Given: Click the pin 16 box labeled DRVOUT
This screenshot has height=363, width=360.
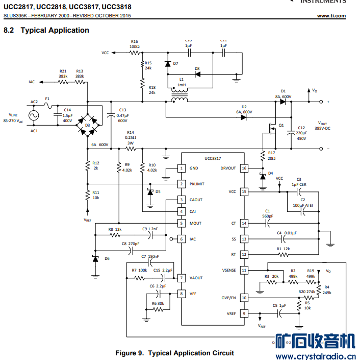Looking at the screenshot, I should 244,168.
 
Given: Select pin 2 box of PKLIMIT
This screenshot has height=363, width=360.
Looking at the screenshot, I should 181,184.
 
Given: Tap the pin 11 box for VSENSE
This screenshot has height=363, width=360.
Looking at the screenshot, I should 244,270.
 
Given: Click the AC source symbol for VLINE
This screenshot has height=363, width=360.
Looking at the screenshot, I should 34,116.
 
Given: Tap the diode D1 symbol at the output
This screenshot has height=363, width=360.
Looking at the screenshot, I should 282,102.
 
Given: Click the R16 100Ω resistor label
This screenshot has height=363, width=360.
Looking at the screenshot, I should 135,44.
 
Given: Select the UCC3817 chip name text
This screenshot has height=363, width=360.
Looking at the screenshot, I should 213,159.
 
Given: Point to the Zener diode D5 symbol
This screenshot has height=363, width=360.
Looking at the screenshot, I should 150,192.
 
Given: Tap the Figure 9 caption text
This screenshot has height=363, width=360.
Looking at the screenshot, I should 174,353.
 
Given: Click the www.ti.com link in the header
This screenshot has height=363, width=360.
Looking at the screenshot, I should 331,16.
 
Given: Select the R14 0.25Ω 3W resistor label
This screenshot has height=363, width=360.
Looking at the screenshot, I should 131,138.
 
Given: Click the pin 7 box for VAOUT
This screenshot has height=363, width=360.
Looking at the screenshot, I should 181,278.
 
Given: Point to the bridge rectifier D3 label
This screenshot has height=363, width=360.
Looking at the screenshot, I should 88,125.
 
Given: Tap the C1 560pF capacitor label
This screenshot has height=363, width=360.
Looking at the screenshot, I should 267,213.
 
